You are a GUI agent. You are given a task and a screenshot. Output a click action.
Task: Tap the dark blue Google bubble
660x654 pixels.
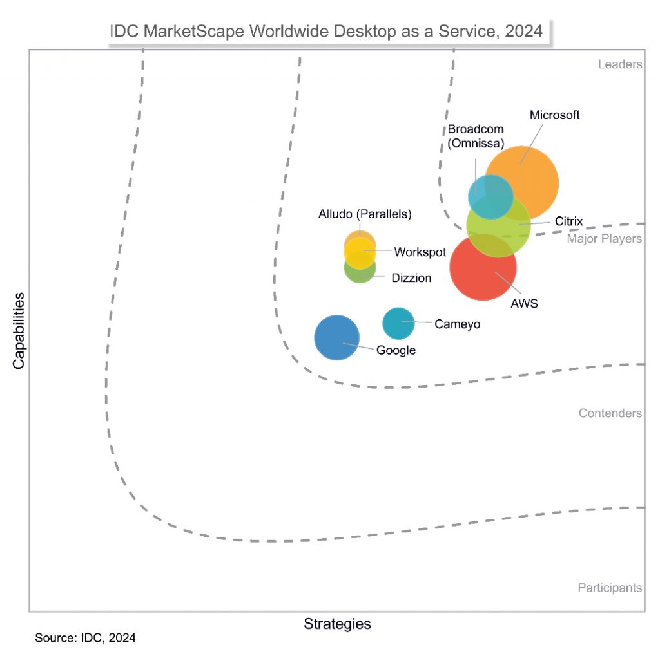click(x=336, y=337)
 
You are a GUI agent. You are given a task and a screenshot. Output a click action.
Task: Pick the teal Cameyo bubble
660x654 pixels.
click(x=398, y=323)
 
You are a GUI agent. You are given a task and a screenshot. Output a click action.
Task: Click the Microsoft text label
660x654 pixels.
click(x=554, y=115)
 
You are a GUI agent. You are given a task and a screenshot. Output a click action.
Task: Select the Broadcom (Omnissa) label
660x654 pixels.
click(x=476, y=136)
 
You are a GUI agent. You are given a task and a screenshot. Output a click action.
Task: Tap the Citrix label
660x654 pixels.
click(x=569, y=221)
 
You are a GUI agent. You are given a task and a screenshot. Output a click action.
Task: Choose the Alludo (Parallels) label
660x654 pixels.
click(x=365, y=214)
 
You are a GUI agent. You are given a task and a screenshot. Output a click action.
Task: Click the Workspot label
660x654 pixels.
click(x=420, y=252)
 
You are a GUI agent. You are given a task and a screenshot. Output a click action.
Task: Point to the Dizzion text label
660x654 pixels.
click(x=411, y=277)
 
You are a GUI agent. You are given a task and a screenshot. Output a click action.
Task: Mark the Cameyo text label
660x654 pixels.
click(x=457, y=324)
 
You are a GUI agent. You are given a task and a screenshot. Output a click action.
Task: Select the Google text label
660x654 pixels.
click(x=396, y=350)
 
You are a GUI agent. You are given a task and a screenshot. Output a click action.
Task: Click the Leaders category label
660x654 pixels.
click(x=619, y=64)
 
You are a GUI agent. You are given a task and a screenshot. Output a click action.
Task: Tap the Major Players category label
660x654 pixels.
click(x=605, y=239)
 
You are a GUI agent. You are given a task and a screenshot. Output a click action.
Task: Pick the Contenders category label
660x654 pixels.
click(x=610, y=413)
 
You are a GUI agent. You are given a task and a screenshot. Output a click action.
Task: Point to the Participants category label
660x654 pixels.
click(x=609, y=587)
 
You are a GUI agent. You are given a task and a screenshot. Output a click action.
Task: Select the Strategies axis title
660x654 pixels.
click(x=337, y=624)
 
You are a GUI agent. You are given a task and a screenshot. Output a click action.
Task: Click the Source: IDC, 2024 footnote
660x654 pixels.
click(x=85, y=639)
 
